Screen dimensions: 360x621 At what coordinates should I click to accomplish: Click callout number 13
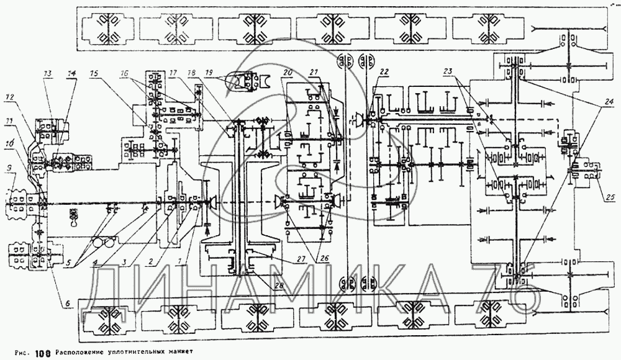coord(48,73)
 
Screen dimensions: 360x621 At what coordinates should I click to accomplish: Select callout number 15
coord(94,73)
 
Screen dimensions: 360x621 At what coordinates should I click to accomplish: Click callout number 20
coord(287,73)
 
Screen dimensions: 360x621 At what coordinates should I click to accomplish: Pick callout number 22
coord(384,73)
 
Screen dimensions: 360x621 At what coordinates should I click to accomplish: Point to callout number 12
coord(9,98)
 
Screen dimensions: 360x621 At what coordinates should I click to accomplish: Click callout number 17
coord(173,73)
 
